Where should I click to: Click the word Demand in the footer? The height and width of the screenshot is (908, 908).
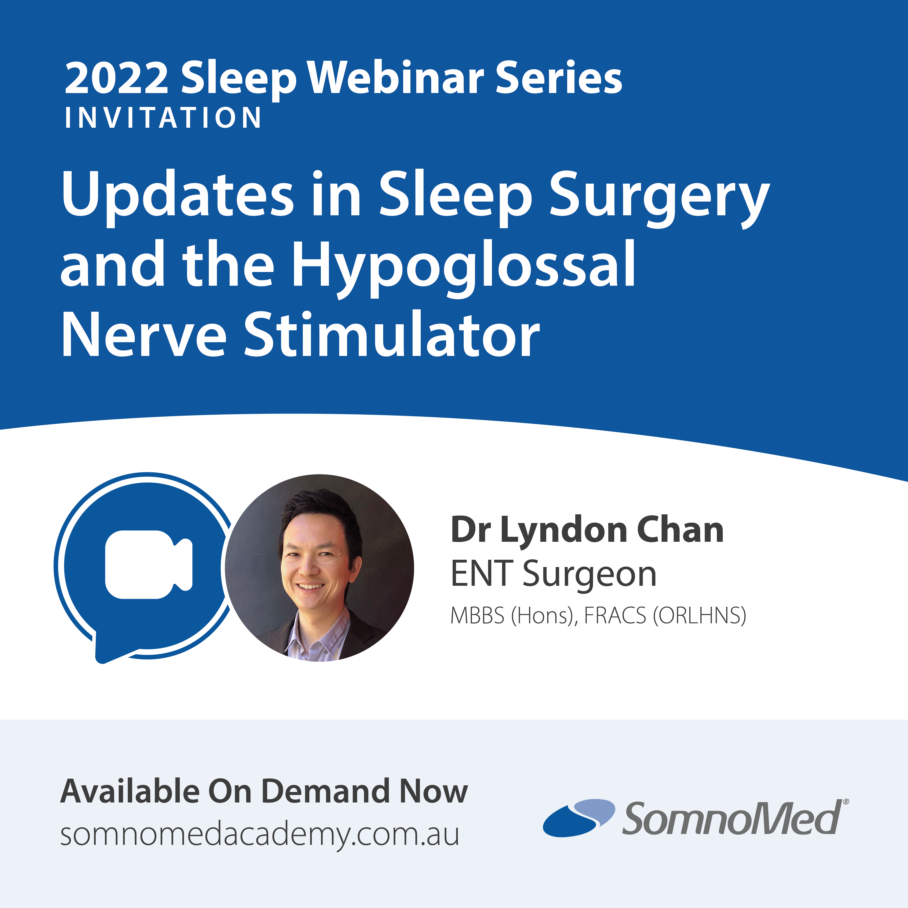point(325,791)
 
